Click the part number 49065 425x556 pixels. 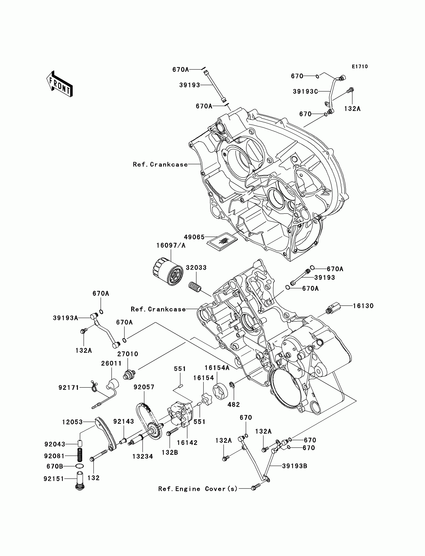click(x=194, y=237)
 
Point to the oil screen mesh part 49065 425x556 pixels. click(x=222, y=241)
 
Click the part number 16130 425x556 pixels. click(x=363, y=306)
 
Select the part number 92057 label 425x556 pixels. click(x=144, y=387)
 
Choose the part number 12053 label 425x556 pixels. click(x=72, y=422)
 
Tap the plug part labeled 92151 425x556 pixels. click(x=80, y=481)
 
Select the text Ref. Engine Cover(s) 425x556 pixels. click(x=198, y=489)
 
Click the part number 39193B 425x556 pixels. click(x=295, y=466)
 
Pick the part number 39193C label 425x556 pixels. click(x=305, y=91)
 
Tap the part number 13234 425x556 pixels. click(x=143, y=456)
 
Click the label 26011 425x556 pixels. click(x=111, y=363)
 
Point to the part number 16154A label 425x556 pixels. click(x=217, y=368)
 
